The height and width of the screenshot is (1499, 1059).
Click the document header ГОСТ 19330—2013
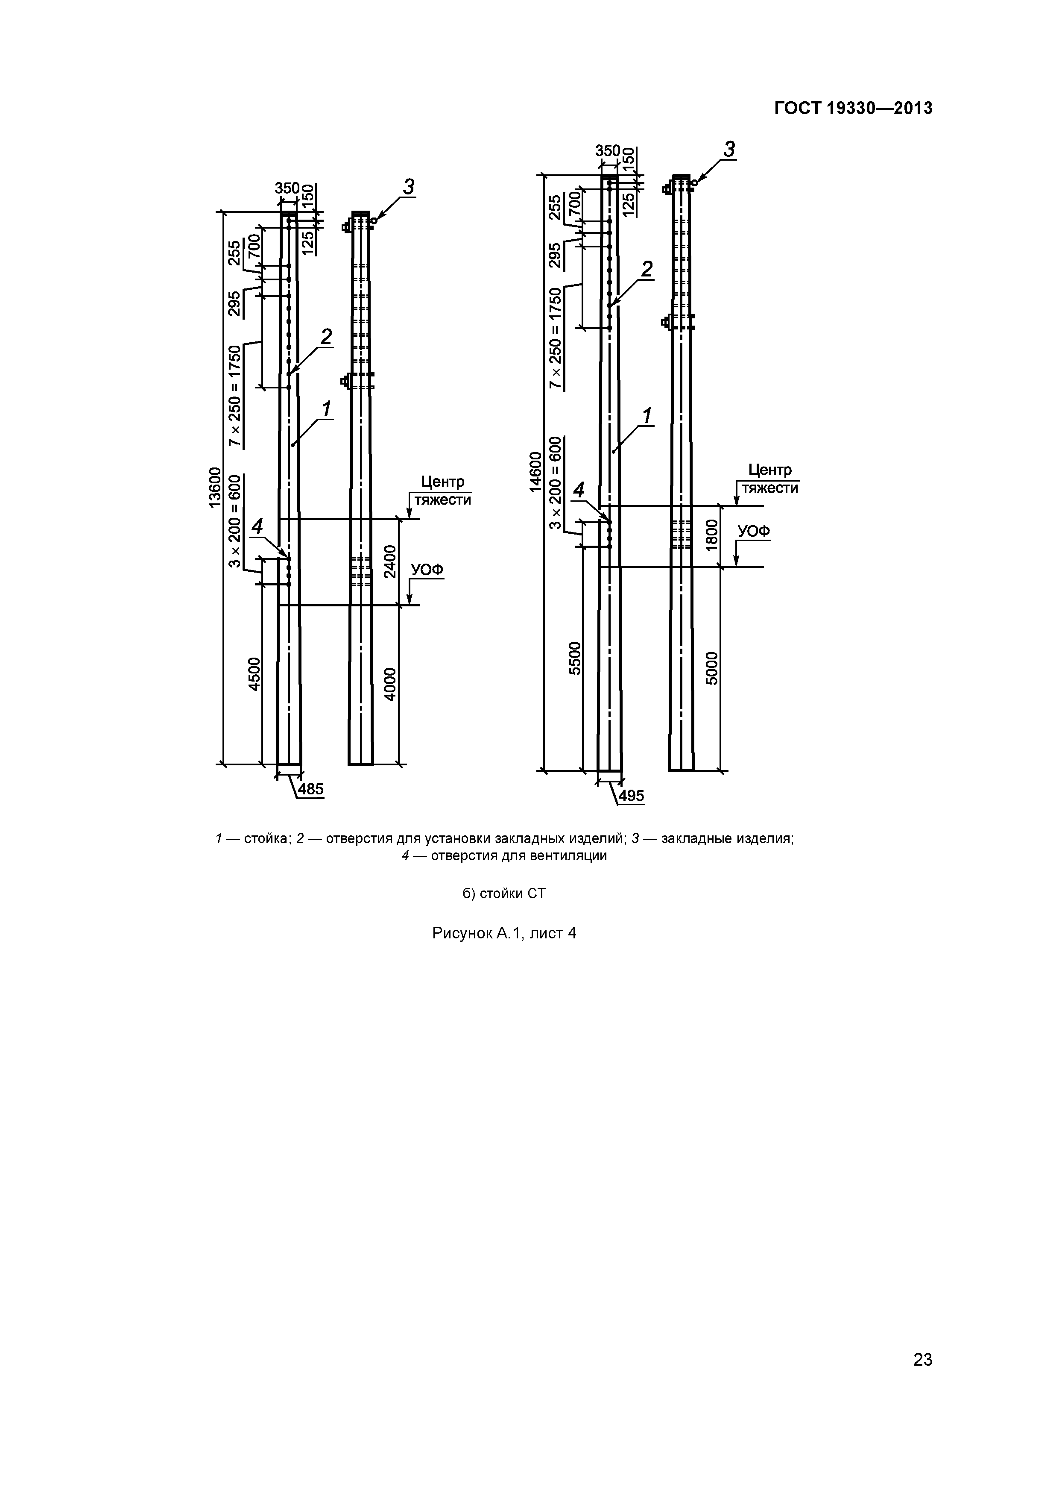click(853, 109)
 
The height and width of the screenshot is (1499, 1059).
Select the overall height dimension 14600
click(535, 472)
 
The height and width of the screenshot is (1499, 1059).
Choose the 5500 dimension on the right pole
click(575, 659)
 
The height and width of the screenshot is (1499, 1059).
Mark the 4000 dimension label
click(389, 684)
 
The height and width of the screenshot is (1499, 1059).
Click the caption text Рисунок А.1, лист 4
click(504, 933)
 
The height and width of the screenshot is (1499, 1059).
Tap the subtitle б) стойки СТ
click(504, 893)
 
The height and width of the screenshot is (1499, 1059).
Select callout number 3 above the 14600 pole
click(729, 150)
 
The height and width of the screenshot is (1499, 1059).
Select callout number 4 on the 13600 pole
click(258, 526)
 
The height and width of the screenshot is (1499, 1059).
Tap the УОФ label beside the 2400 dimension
click(427, 570)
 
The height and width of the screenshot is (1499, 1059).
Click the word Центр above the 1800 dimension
click(770, 470)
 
